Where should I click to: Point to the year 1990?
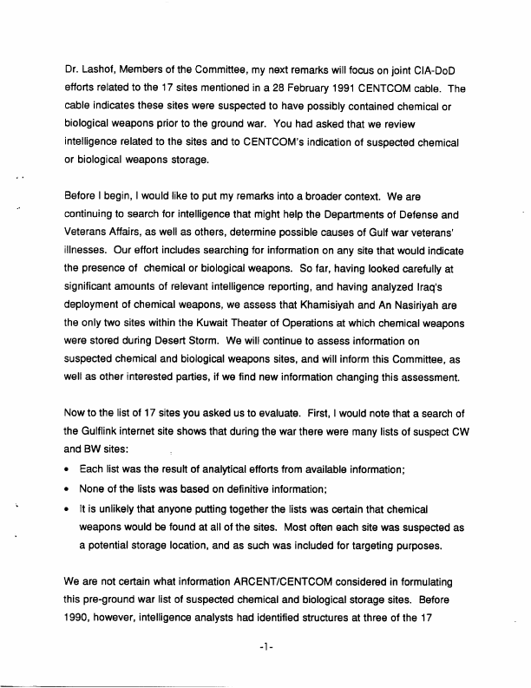click(x=83, y=617)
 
